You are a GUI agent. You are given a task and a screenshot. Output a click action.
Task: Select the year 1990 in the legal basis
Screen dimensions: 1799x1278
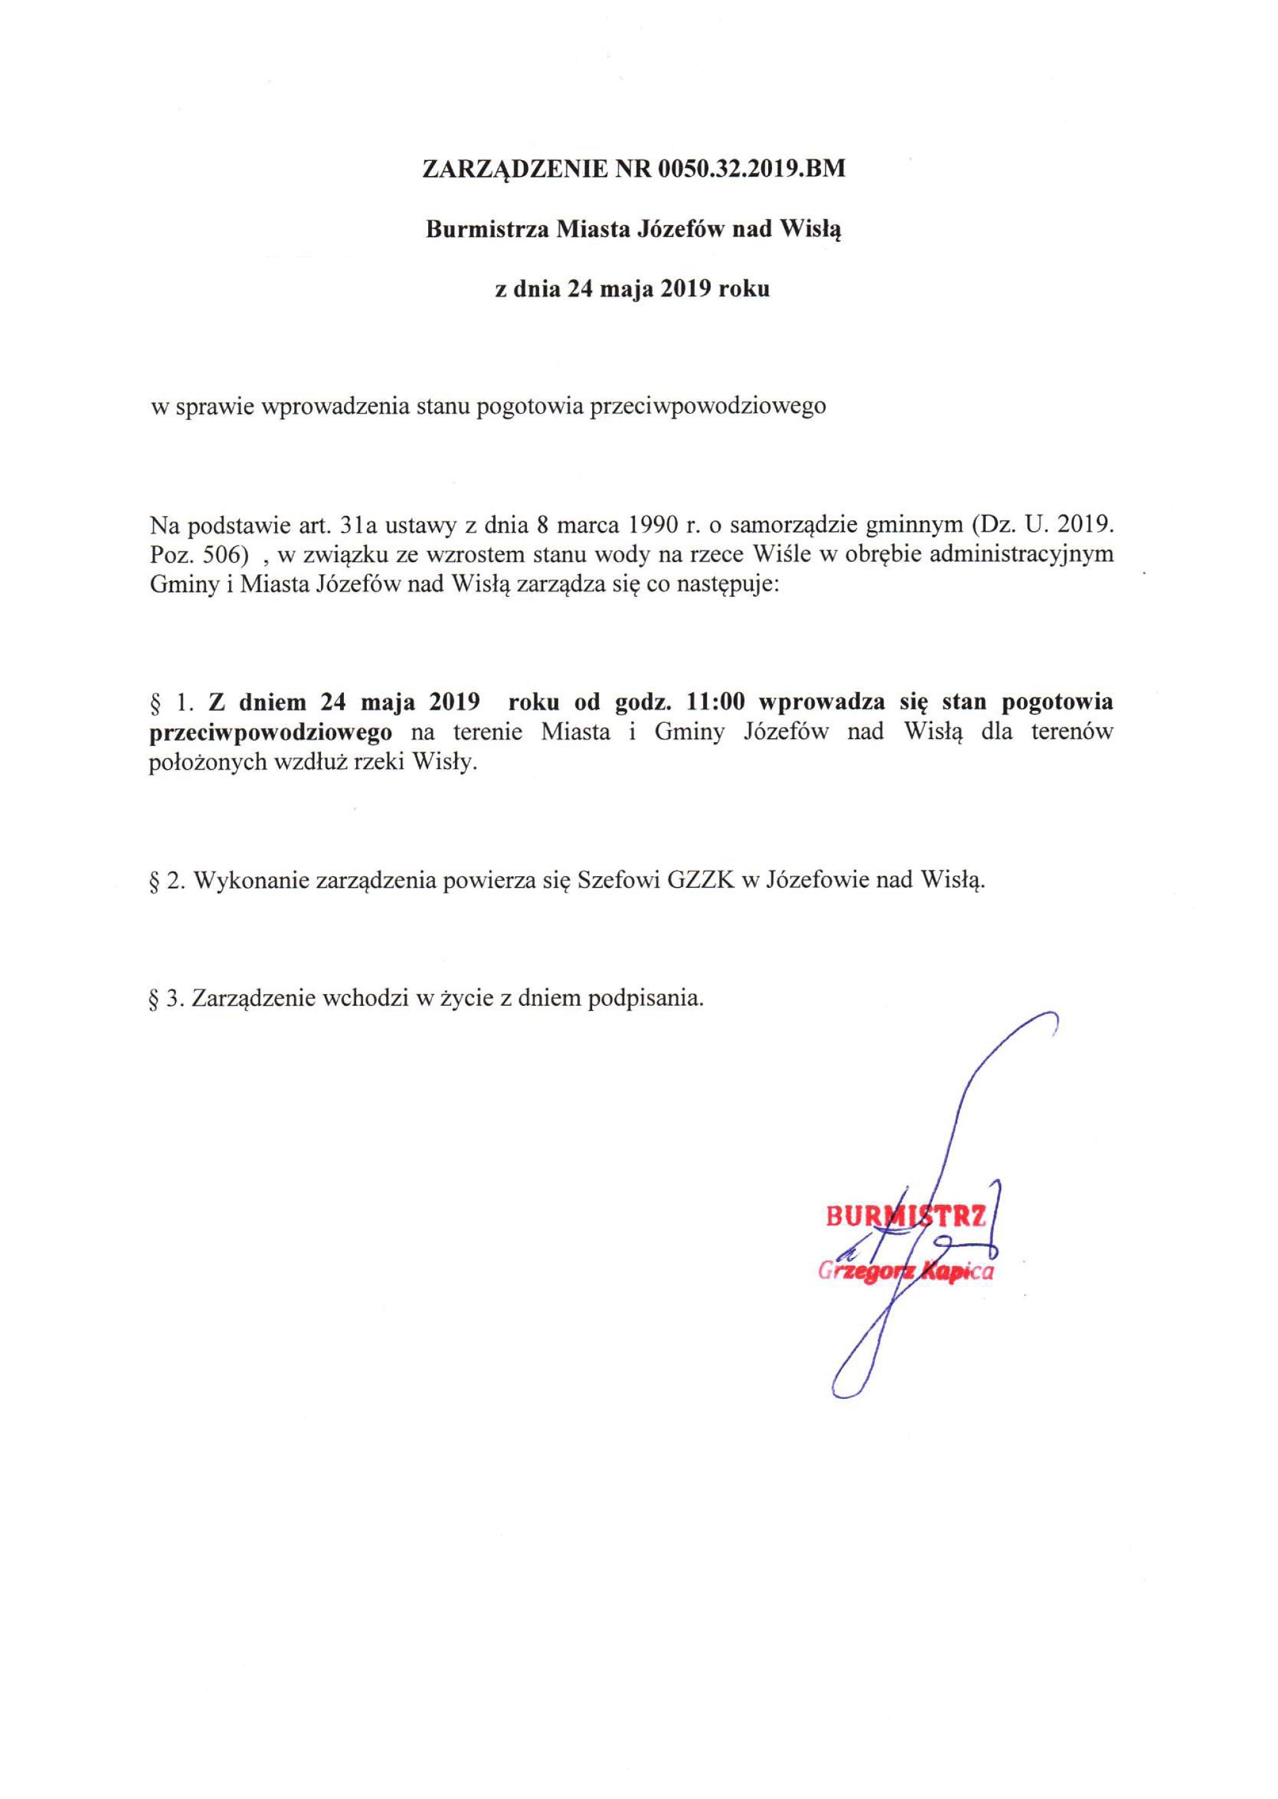650,523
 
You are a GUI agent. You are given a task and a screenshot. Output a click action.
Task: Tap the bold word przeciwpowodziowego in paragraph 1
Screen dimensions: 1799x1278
271,732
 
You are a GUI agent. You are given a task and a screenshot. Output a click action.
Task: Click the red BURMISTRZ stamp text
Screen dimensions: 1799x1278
905,1218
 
